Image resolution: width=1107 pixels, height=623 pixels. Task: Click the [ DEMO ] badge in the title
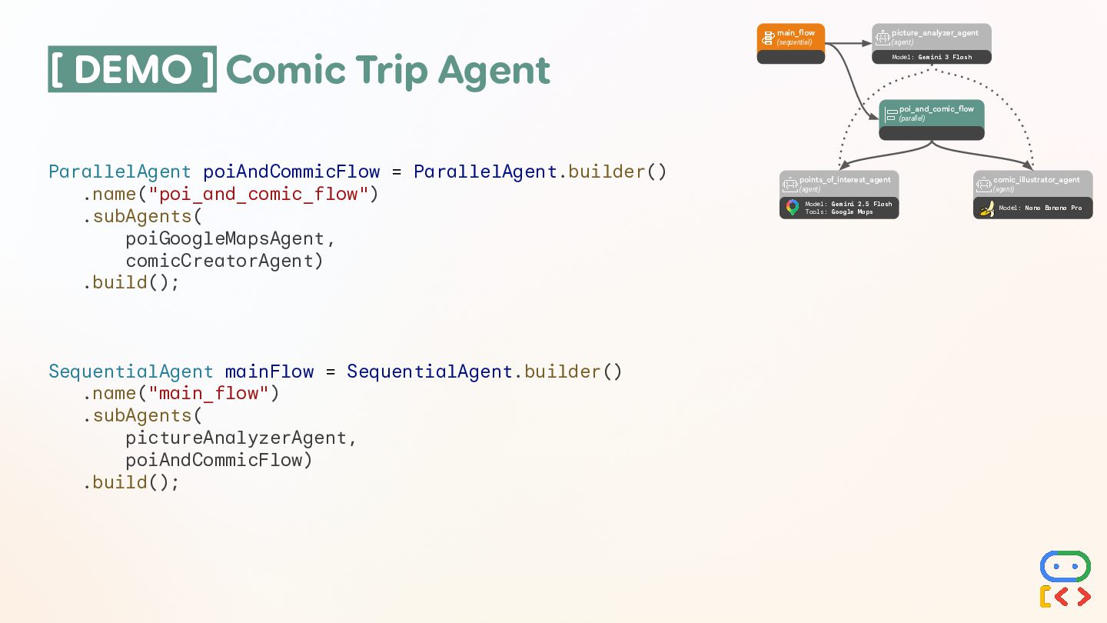pyautogui.click(x=132, y=70)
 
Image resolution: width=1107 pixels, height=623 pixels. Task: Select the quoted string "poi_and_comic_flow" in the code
pyautogui.click(x=258, y=194)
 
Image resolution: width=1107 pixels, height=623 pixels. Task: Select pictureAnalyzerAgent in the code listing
pyautogui.click(x=236, y=438)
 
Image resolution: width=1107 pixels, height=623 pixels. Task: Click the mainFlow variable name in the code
pyautogui.click(x=269, y=372)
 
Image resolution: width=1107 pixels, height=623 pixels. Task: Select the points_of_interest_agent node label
pyautogui.click(x=844, y=180)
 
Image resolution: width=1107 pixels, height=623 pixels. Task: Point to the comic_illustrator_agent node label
pyautogui.click(x=1036, y=180)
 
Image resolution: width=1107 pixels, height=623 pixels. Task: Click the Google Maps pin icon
pyautogui.click(x=793, y=208)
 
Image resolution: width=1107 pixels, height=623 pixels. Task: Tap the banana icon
pyautogui.click(x=987, y=208)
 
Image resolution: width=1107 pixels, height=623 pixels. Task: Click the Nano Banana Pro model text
pyautogui.click(x=1052, y=208)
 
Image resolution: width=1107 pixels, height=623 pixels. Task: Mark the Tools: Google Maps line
pyautogui.click(x=839, y=212)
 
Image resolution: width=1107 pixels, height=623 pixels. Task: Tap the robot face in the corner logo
pyautogui.click(x=1065, y=566)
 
